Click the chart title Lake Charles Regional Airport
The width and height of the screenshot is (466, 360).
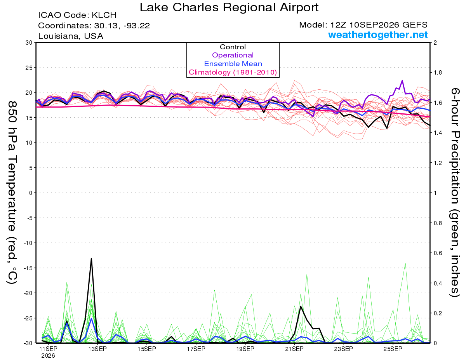coord(229,7)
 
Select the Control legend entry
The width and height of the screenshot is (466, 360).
coord(233,47)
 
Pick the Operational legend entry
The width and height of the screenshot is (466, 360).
coord(233,55)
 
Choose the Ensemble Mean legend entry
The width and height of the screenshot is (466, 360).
coord(233,63)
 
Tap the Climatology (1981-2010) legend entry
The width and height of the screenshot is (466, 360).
coord(233,72)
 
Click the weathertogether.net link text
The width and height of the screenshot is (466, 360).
coord(377,35)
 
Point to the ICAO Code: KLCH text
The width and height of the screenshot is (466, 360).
coord(77,15)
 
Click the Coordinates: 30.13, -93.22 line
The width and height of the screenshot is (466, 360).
coord(94,26)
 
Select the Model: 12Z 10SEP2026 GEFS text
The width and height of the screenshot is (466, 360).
coord(363,25)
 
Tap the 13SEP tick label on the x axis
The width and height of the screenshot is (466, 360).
coord(97,349)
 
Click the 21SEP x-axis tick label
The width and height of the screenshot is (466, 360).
coord(294,349)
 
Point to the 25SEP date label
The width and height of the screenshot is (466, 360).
coord(393,349)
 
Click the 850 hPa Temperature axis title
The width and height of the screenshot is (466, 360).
coord(12,193)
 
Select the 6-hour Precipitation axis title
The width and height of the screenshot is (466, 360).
coord(455,192)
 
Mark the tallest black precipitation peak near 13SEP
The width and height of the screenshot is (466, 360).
coord(91,259)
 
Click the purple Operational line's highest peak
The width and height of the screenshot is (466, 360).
coord(402,81)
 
